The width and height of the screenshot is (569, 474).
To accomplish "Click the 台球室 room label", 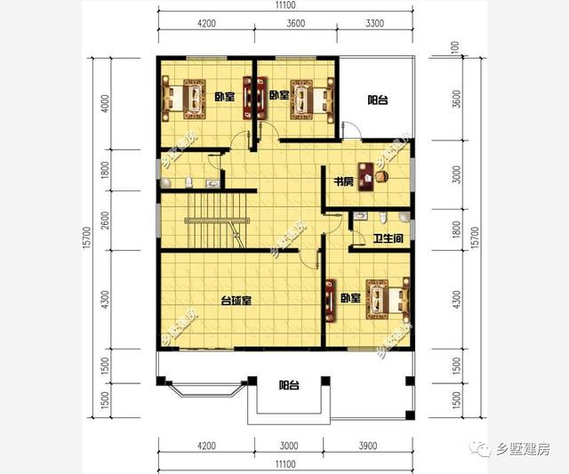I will [x=236, y=301].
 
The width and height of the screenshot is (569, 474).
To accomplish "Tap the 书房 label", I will [x=343, y=182].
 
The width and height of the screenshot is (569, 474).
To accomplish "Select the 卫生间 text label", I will [x=389, y=238].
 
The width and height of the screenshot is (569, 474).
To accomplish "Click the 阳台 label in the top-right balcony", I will [x=378, y=100].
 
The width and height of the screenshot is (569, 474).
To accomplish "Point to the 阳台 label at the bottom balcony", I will [x=288, y=385].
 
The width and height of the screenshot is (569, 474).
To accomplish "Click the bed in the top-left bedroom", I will [x=182, y=95].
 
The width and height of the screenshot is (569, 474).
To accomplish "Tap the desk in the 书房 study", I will [x=370, y=173].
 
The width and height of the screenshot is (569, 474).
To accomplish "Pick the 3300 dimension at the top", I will [x=374, y=24].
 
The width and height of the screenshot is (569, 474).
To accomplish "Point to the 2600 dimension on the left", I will [x=105, y=219].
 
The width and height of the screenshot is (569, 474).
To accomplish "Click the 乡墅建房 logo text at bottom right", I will [x=517, y=450].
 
